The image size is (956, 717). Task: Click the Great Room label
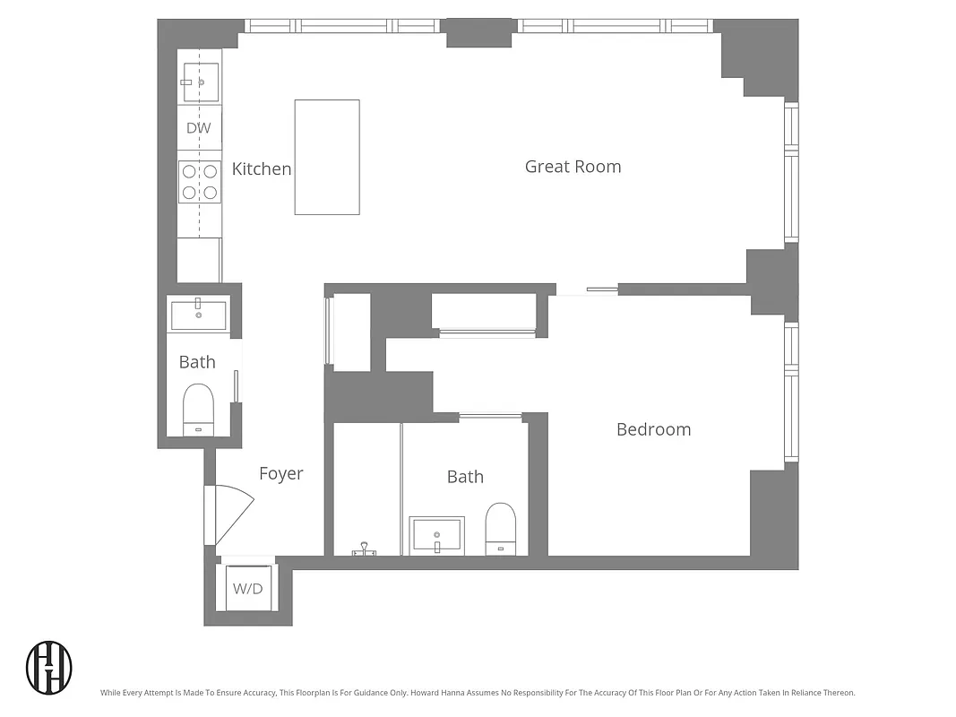[x=573, y=167]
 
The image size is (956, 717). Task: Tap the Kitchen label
[x=262, y=168]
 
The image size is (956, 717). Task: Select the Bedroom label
[x=653, y=429]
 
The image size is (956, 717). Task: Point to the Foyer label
[x=280, y=474]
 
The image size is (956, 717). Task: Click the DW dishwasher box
[x=199, y=128]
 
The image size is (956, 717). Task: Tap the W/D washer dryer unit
[x=248, y=588]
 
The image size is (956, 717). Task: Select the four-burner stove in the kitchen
[x=199, y=181]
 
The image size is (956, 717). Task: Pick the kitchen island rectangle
[x=327, y=157]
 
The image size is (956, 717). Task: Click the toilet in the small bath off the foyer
[x=198, y=409]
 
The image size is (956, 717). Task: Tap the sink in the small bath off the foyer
[x=198, y=315]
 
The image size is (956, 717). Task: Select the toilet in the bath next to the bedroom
[x=501, y=528]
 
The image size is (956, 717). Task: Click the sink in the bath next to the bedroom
[x=436, y=535]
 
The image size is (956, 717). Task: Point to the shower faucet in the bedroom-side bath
[x=364, y=549]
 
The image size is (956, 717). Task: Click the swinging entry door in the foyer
[x=231, y=514]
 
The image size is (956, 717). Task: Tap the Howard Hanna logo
[x=49, y=667]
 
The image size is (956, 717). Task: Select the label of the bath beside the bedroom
[x=465, y=477]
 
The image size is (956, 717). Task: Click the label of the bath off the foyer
[x=197, y=362]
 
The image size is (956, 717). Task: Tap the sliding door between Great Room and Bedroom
[x=587, y=289]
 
